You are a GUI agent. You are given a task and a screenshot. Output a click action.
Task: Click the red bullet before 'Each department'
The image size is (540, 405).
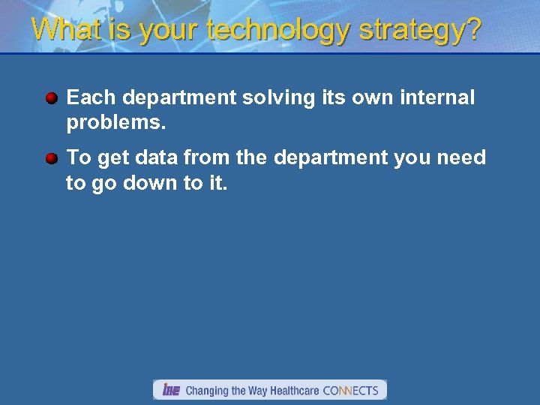click(x=51, y=98)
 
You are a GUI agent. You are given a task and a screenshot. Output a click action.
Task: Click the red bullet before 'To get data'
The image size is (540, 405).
click(x=51, y=158)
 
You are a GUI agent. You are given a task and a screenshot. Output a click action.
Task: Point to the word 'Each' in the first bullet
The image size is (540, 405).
click(x=91, y=98)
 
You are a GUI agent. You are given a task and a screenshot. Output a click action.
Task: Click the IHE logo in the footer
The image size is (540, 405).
click(x=171, y=390)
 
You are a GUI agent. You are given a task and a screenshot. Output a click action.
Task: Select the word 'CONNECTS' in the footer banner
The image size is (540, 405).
click(x=350, y=391)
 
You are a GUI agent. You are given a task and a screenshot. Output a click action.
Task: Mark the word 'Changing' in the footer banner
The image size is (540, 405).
click(x=207, y=391)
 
